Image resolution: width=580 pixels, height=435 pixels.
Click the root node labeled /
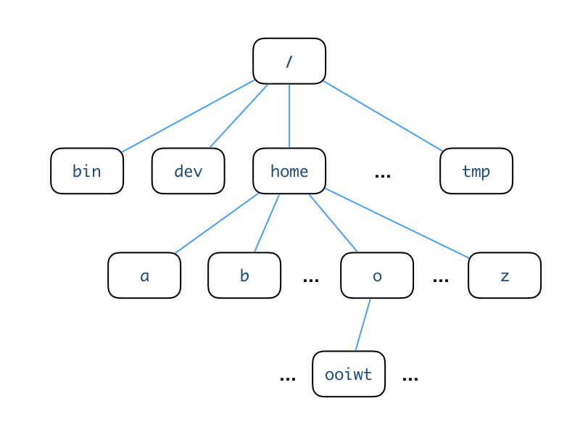click(x=289, y=61)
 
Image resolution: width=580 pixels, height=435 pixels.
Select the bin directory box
click(x=87, y=171)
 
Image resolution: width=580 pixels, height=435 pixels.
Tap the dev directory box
click(x=188, y=171)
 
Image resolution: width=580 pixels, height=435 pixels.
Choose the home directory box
click(x=289, y=171)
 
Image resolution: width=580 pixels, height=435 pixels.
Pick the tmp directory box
click(x=476, y=171)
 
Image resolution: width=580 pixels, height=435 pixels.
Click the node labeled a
click(x=144, y=275)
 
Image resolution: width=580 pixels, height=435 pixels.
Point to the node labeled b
click(x=244, y=275)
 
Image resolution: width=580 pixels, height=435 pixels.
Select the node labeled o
click(x=377, y=275)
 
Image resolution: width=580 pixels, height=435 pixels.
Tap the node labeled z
click(x=505, y=275)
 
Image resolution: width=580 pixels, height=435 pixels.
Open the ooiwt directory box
click(x=349, y=374)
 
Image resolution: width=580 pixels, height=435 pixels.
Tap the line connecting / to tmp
click(x=383, y=116)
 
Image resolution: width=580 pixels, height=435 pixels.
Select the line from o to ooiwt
click(x=363, y=325)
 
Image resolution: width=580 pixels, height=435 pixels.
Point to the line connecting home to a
click(x=217, y=223)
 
